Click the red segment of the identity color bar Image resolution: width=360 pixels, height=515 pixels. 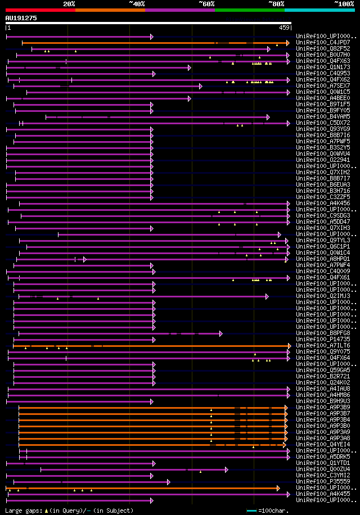(x=40, y=10)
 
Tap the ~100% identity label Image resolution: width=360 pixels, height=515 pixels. (x=344, y=4)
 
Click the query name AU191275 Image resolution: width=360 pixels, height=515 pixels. (x=21, y=18)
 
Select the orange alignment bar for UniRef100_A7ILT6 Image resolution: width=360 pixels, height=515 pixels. (x=169, y=346)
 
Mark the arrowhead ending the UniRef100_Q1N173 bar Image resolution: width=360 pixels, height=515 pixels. (x=190, y=67)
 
